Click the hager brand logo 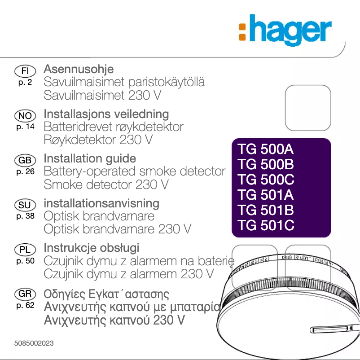point(285,31)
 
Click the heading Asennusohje point(79,70)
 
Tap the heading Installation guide point(90,159)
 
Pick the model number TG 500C point(266,180)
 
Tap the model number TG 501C point(266,225)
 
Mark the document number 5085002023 point(34,343)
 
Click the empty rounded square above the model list point(308,108)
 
